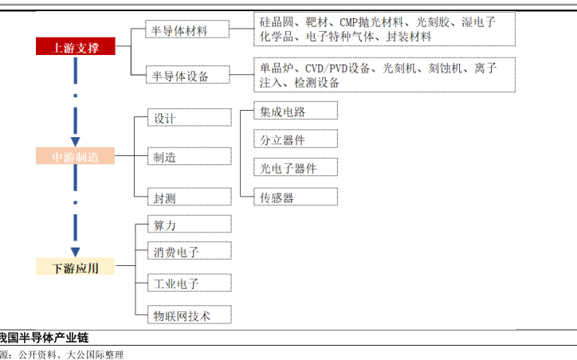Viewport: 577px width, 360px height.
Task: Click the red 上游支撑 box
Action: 76,47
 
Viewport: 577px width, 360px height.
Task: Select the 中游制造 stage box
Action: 76,157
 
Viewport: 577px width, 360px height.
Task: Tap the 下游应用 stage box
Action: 76,268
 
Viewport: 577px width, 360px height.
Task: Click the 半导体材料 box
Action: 189,31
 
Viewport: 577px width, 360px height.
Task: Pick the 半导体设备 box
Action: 189,76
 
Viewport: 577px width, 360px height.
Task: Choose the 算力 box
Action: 190,225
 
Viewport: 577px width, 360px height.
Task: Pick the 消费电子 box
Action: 190,252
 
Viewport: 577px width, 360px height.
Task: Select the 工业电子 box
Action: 190,283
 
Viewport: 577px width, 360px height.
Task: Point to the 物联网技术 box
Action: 190,315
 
